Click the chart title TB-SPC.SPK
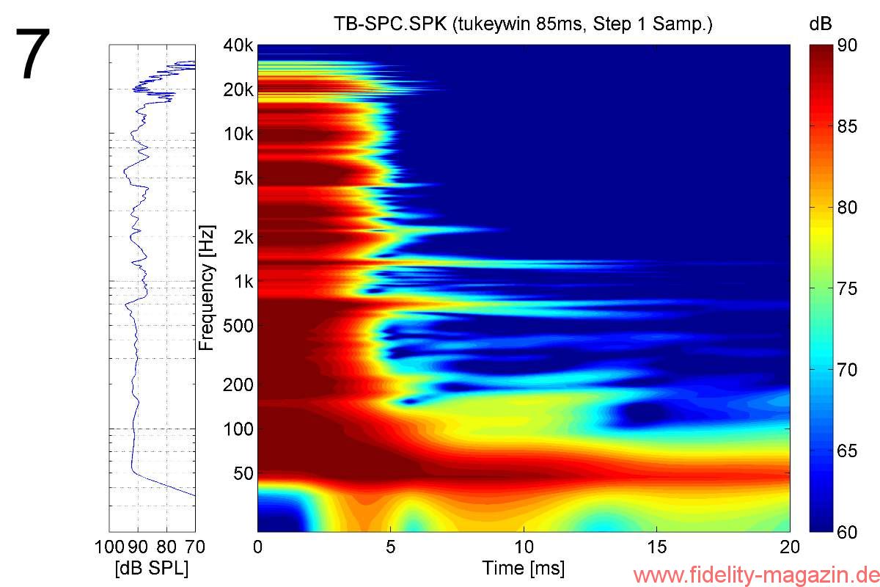coord(522,24)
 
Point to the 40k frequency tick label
coord(238,46)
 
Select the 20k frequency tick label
coord(238,90)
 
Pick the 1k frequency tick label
coord(243,281)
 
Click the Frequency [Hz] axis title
coord(207,288)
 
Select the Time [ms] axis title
coord(523,569)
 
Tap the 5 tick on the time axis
coord(391,547)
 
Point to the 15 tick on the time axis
coord(657,547)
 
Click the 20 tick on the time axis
coord(789,547)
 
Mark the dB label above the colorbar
coord(820,24)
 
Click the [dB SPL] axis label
coord(152,569)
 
